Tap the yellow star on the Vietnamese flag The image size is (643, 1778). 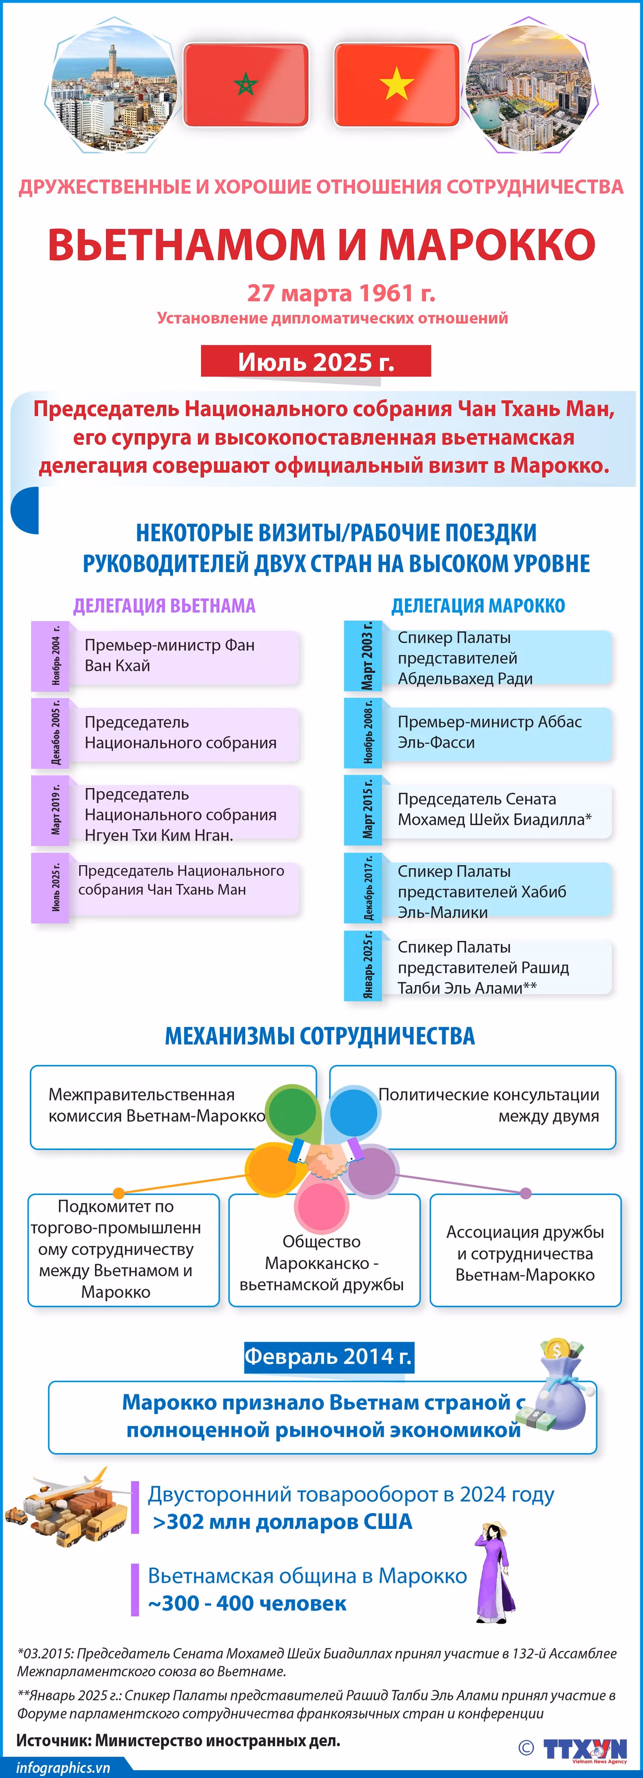397,84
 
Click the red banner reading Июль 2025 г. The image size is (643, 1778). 316,361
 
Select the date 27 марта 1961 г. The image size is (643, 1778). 341,293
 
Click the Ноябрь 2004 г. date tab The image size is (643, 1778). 50,656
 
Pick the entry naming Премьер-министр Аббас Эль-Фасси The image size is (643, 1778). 490,732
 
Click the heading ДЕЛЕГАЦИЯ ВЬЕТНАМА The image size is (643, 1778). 164,606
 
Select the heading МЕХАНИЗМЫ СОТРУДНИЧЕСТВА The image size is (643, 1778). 320,1036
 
